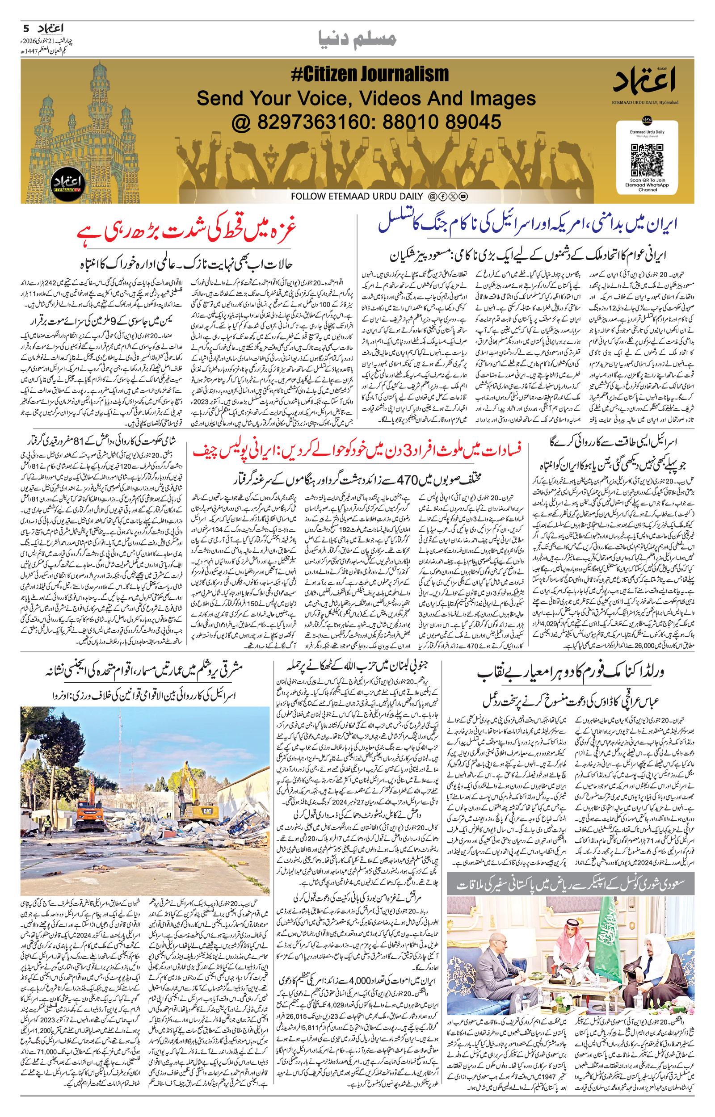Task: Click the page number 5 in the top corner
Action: pos(26,28)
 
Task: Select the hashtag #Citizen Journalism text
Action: pos(370,74)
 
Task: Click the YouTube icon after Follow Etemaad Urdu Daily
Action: pos(463,196)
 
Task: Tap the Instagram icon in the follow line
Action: pos(433,196)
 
